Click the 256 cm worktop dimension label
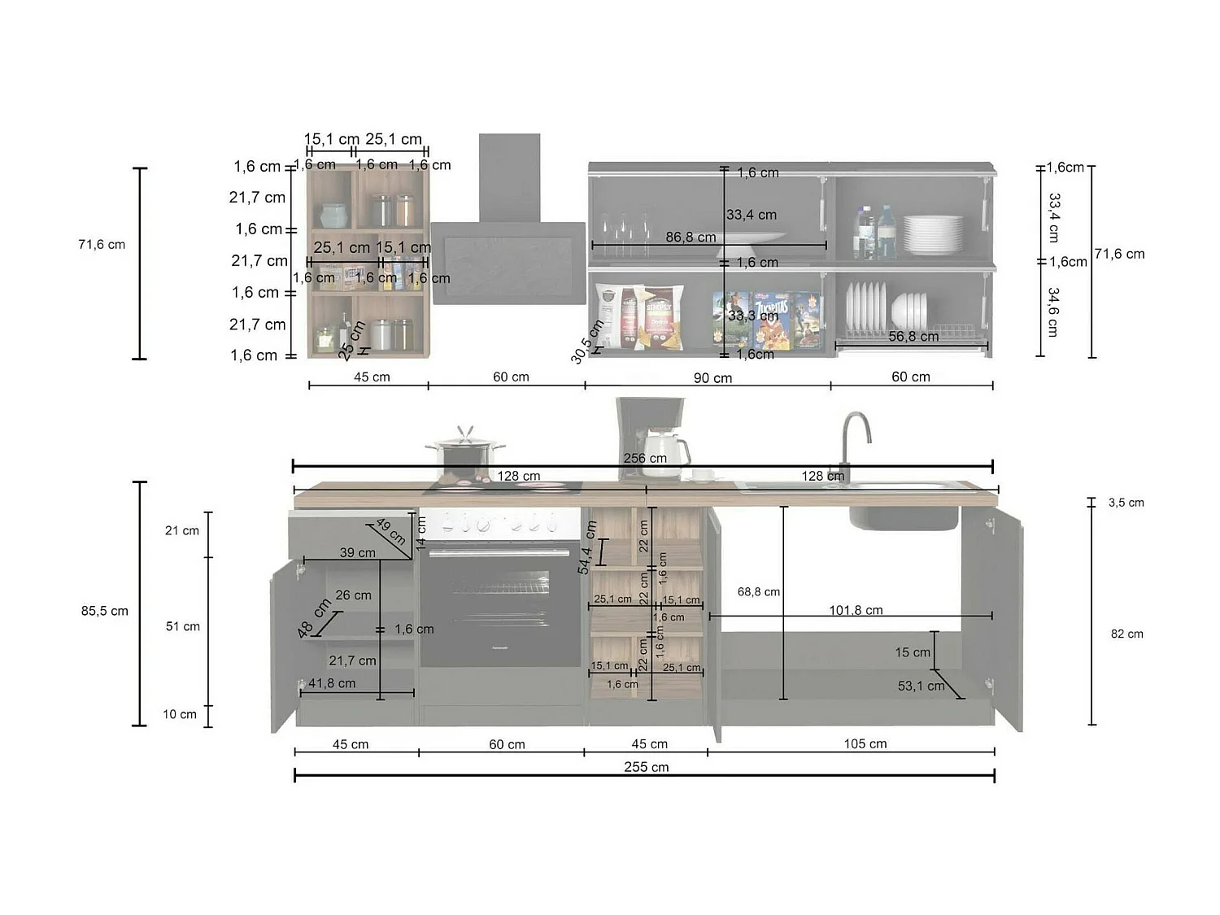pos(645,458)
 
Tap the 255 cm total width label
pos(647,767)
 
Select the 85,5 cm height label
pos(105,611)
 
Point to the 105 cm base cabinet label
pos(865,743)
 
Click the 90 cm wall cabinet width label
pos(712,377)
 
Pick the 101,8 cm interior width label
pos(856,610)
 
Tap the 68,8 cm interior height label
pos(758,592)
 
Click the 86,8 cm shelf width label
pos(691,237)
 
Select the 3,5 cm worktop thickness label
pos(1126,503)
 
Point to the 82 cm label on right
pos(1126,634)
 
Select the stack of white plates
pos(932,234)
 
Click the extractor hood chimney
pos(509,177)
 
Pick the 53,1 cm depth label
pos(921,686)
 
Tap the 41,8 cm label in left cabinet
pos(332,683)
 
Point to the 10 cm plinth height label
pos(180,714)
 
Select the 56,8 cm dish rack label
pos(913,336)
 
